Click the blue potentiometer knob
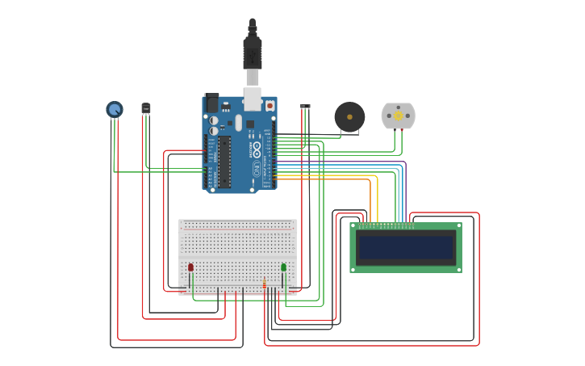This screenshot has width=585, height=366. click(x=115, y=109)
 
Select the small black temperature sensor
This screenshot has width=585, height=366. click(x=145, y=108)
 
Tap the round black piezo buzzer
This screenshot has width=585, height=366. click(x=349, y=117)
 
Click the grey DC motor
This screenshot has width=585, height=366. click(x=398, y=116)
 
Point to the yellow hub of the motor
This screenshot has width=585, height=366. click(x=398, y=116)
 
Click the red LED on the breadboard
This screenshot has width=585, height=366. click(x=190, y=267)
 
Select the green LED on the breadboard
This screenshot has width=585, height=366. click(x=283, y=267)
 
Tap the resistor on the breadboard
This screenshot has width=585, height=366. click(x=264, y=283)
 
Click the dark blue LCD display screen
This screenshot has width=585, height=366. click(x=406, y=247)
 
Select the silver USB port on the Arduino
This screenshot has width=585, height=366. click(x=253, y=99)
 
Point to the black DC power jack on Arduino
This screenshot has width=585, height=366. click(x=212, y=103)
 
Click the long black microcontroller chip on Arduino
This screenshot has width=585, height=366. click(x=224, y=162)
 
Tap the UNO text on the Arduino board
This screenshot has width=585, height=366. click(x=257, y=169)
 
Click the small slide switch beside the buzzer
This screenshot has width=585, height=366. click(x=305, y=107)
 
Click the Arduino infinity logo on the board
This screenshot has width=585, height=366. click(x=257, y=149)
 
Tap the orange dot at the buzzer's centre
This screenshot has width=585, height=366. click(x=349, y=116)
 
